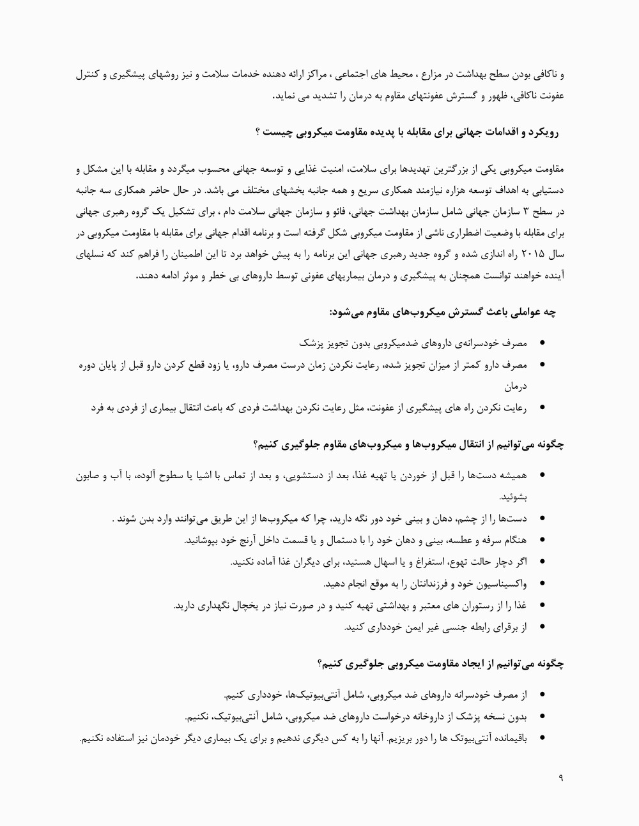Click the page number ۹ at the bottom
(x=560, y=778)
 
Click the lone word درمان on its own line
(x=515, y=386)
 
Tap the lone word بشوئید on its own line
(x=514, y=496)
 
